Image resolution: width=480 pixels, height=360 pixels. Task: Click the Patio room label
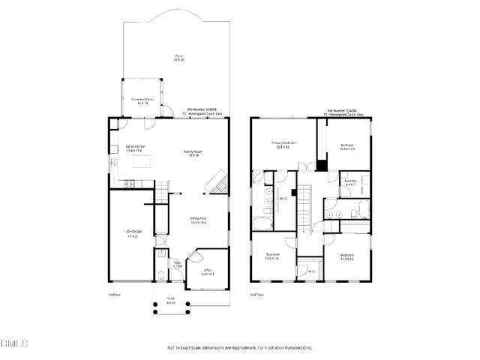point(179,58)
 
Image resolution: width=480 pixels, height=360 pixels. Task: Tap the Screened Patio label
point(142,101)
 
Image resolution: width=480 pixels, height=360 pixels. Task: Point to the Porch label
point(172,301)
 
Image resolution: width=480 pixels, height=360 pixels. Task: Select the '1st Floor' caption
point(113,295)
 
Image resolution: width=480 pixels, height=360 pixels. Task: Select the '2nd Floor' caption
point(256,295)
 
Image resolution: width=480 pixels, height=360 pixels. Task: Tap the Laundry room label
point(350,182)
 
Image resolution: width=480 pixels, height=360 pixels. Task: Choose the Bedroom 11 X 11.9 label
point(273,256)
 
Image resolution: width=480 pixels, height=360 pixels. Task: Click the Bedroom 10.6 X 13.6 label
point(346,146)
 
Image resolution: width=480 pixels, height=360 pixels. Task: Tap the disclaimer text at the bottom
point(239,347)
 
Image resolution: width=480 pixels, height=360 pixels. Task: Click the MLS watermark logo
point(14,344)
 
